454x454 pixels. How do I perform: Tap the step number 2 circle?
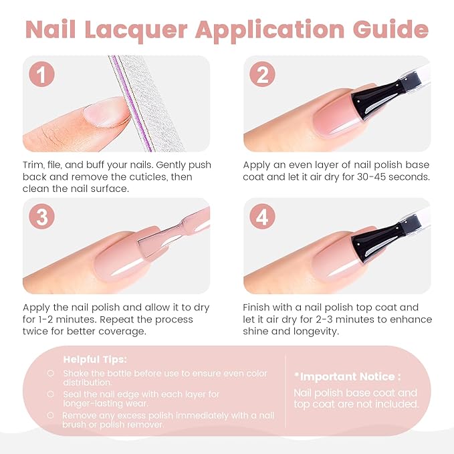pos(262,75)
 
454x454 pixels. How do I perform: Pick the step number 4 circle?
pos(262,218)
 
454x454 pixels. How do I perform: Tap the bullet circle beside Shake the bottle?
pos(51,373)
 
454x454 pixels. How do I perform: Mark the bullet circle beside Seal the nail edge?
pos(51,394)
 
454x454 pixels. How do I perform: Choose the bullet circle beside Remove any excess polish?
pos(51,415)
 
